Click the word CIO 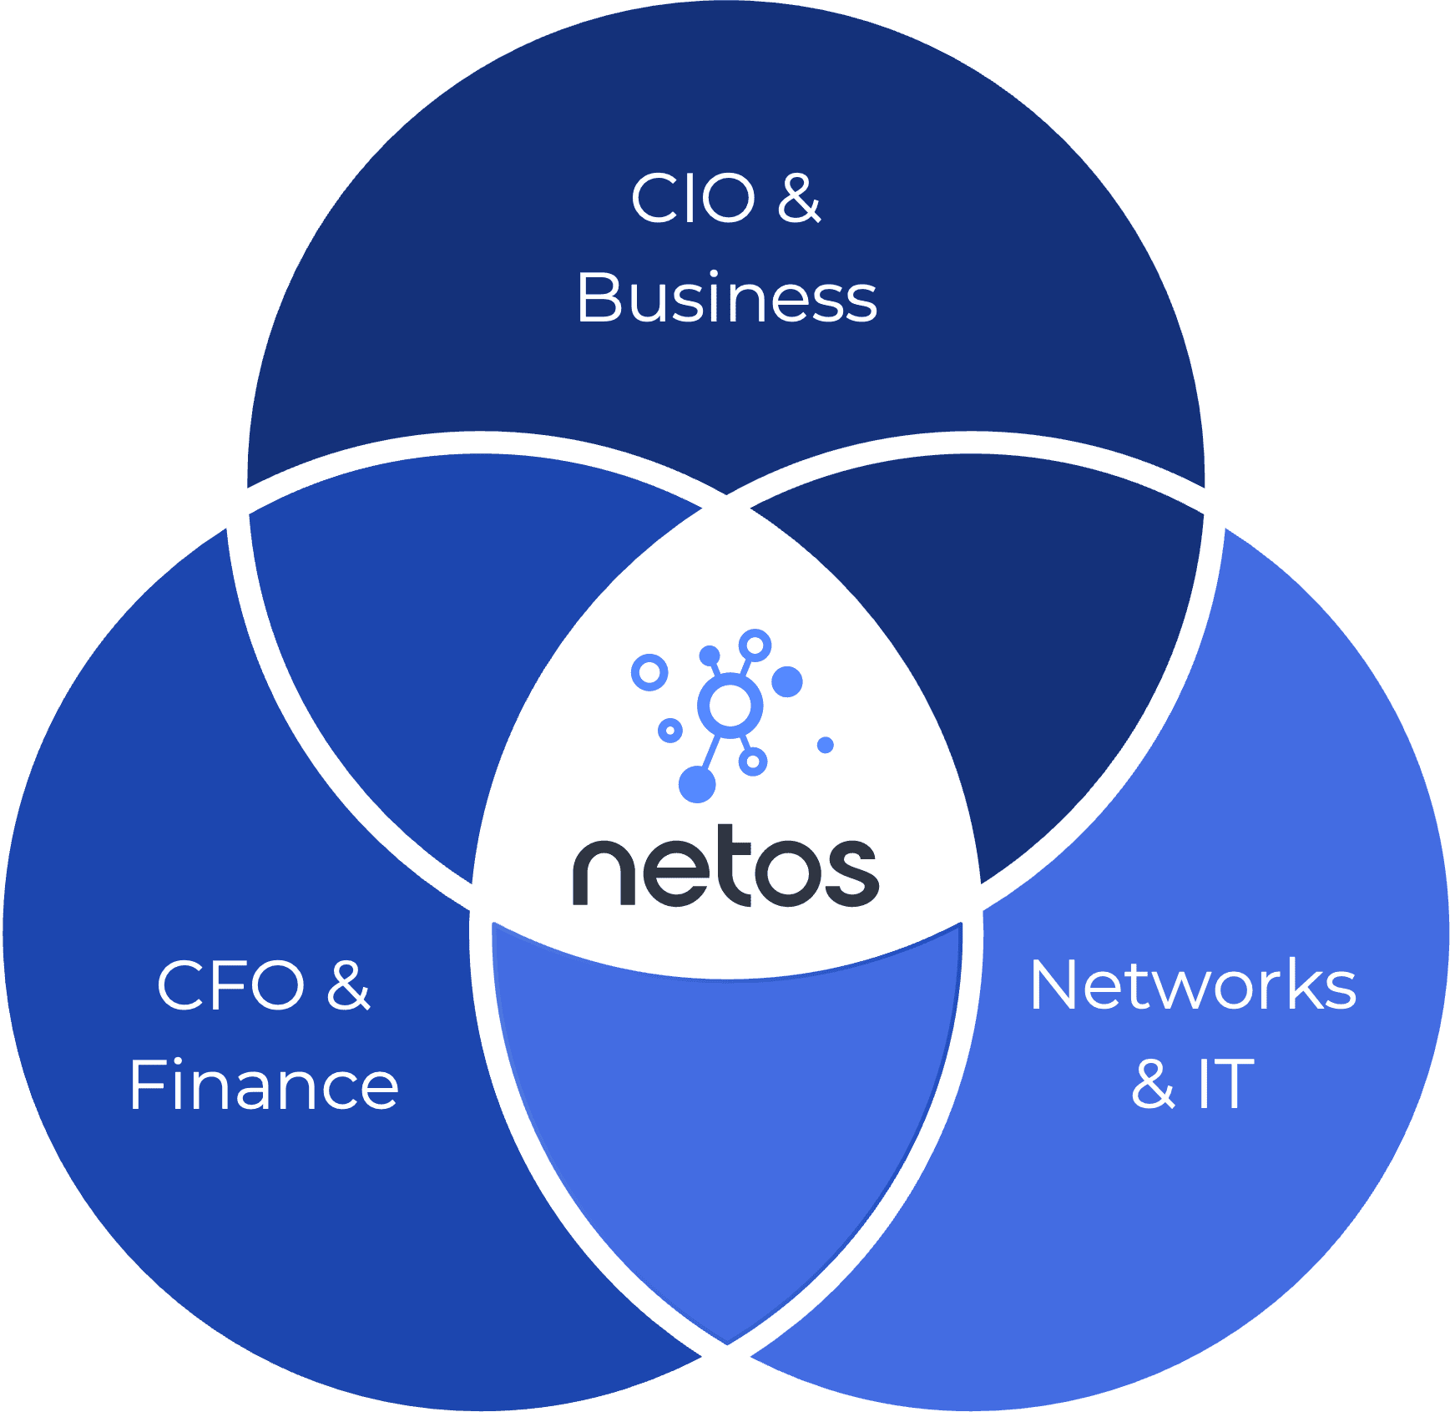point(693,199)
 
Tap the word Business point(727,298)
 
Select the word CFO point(231,985)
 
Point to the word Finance point(265,1085)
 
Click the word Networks point(1194,984)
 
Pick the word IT point(1226,1084)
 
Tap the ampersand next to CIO point(800,199)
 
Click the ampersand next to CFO point(348,985)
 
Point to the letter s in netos point(851,873)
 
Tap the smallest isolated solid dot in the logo point(826,745)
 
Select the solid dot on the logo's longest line point(697,785)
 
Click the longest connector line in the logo point(710,753)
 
